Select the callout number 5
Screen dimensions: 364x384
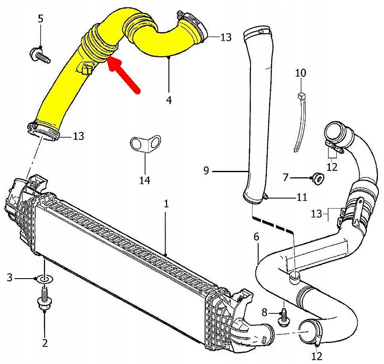point(41,19)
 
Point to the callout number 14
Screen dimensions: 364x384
point(145,180)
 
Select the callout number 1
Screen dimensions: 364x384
point(166,204)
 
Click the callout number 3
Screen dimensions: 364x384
point(9,278)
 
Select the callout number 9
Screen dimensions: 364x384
point(206,171)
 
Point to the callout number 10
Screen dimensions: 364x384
point(301,73)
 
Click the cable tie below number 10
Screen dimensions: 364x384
point(301,124)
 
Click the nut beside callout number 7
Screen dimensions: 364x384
point(318,177)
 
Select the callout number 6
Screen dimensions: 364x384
point(256,237)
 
